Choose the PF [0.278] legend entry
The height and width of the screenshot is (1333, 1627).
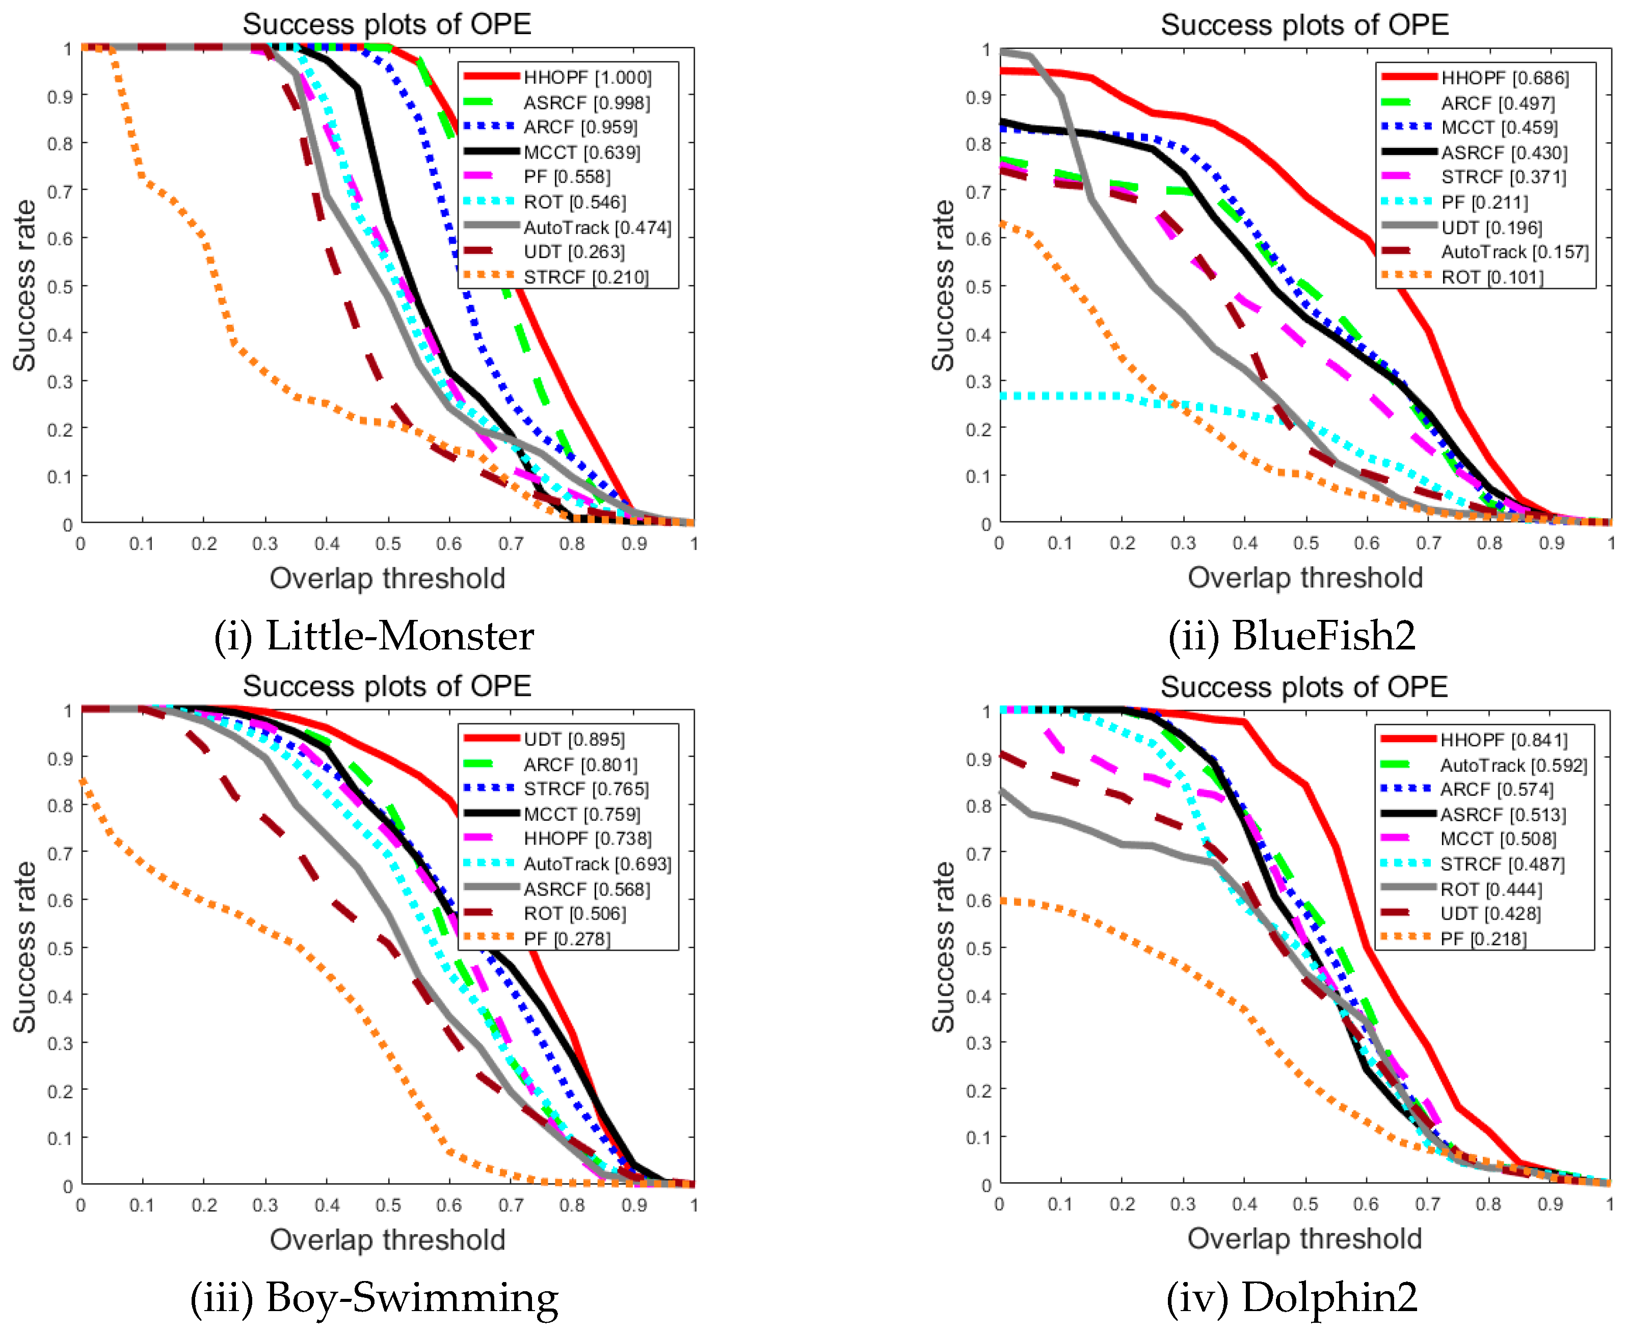click(567, 939)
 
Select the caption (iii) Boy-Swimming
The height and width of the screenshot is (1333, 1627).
click(374, 1298)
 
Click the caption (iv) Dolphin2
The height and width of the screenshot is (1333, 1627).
click(1292, 1298)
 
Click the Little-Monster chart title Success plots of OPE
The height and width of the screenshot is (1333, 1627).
click(387, 24)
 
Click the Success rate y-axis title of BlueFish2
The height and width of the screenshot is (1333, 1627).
click(943, 285)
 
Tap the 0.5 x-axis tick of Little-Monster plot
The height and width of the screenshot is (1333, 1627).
click(388, 543)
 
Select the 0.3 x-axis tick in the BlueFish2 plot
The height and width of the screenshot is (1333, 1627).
click(1183, 543)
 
